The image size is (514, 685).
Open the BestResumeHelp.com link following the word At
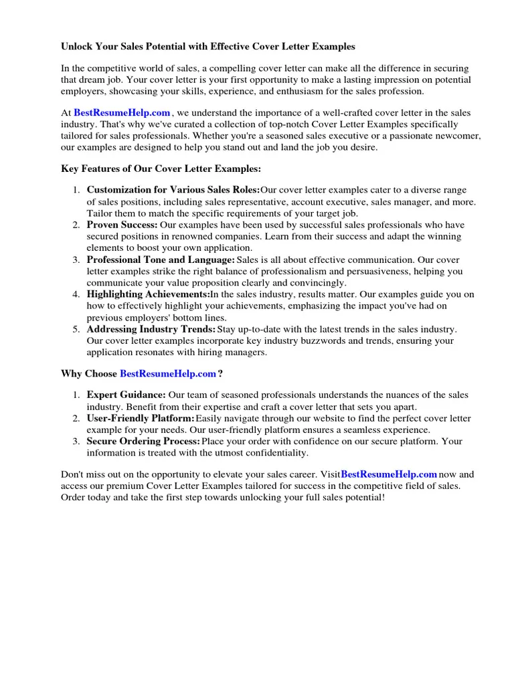coord(122,113)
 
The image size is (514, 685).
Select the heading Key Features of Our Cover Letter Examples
coord(161,169)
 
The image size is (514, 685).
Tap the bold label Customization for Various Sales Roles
coord(173,190)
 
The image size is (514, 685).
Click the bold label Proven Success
coord(122,225)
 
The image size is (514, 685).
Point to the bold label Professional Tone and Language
coord(161,260)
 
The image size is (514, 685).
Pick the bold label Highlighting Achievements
coord(148,294)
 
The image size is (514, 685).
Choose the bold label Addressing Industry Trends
coord(151,329)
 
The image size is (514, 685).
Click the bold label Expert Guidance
coord(126,395)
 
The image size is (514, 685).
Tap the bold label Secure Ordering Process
coord(143,442)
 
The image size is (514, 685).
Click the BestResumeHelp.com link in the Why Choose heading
coord(168,373)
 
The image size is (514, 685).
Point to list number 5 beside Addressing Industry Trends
coord(76,329)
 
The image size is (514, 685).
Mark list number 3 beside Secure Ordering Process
coord(76,442)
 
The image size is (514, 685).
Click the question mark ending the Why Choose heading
coord(220,373)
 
